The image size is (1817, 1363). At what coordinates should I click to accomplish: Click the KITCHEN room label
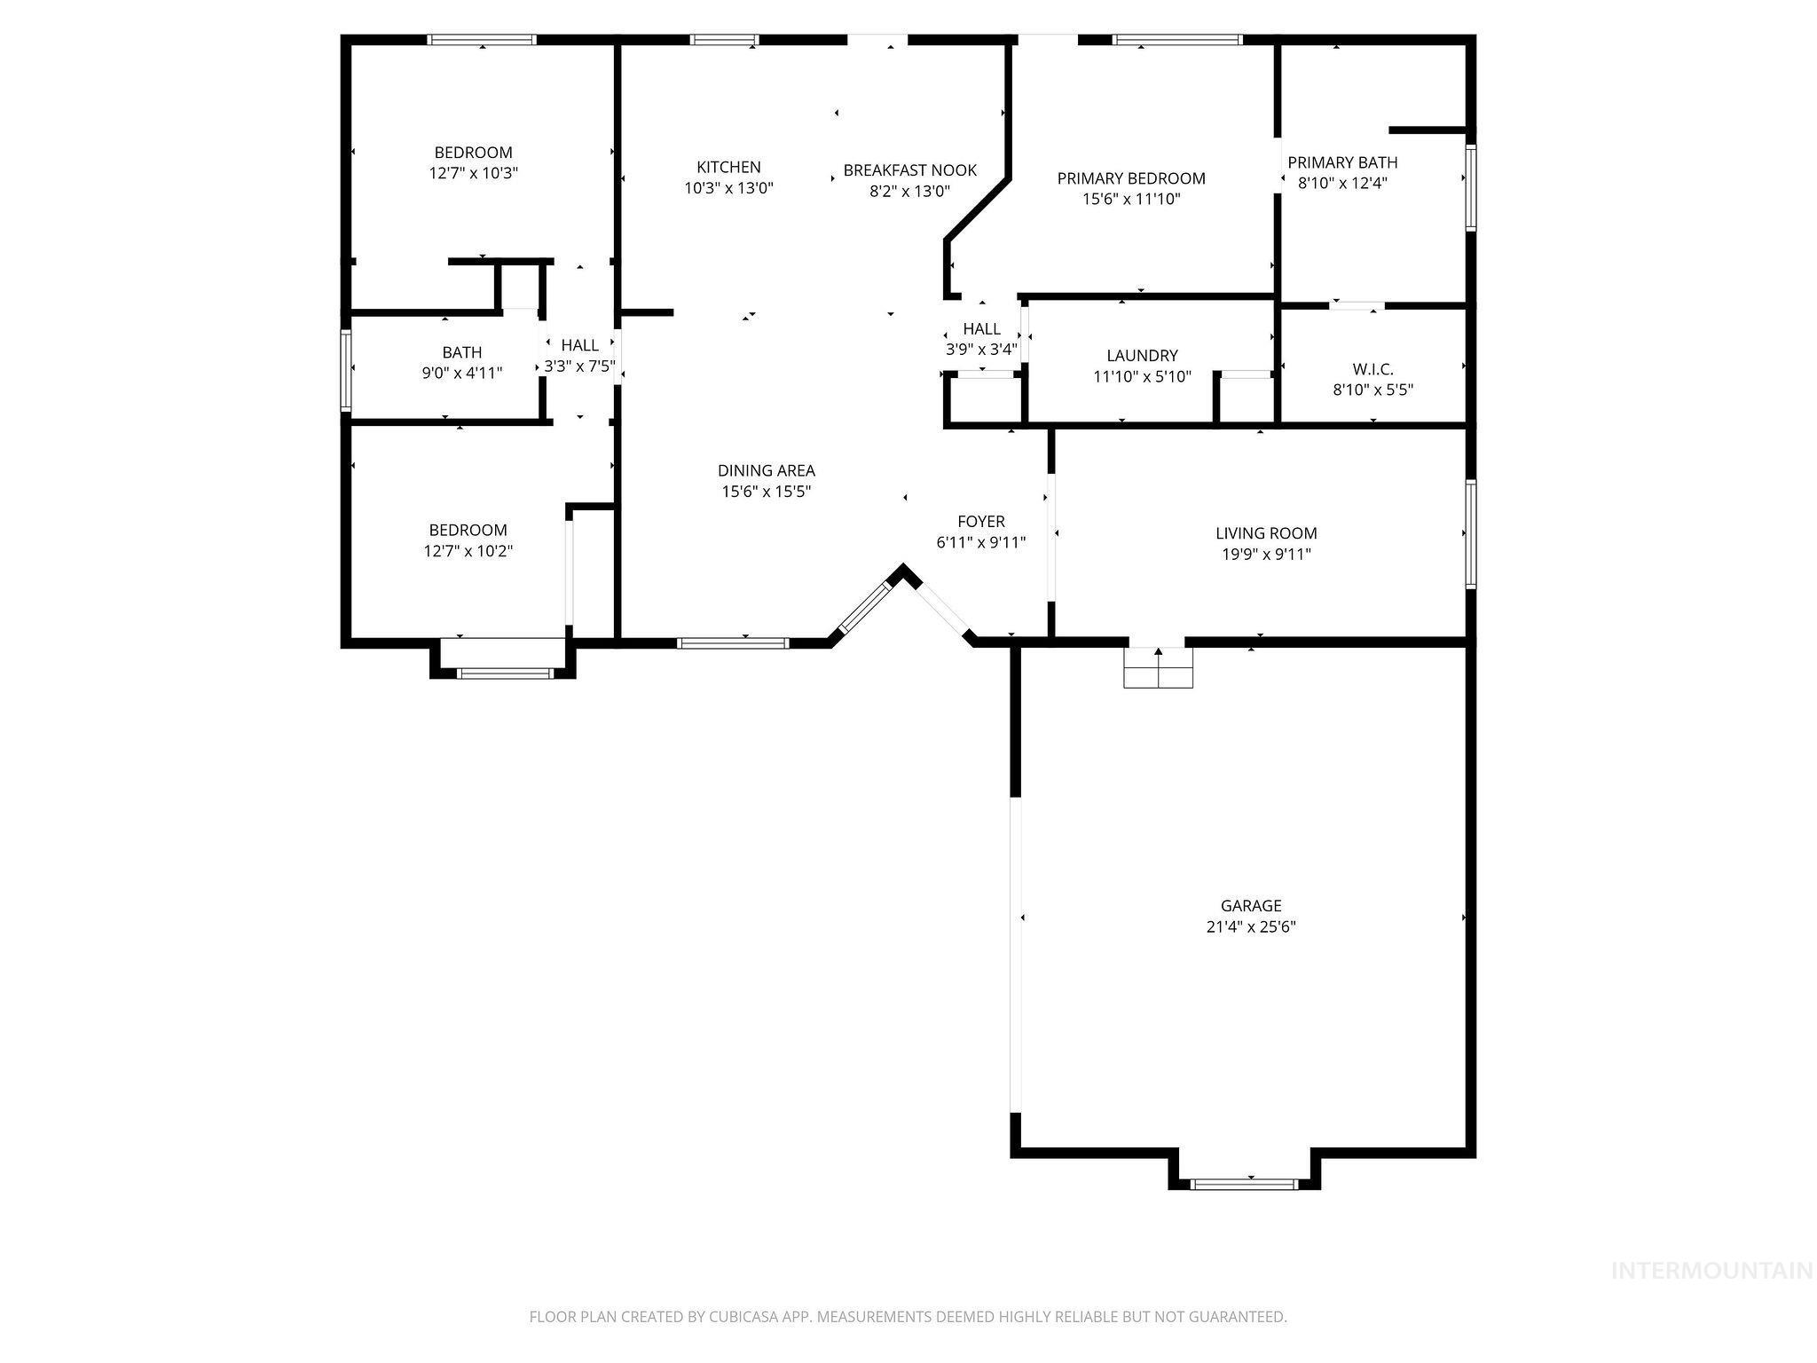(x=728, y=167)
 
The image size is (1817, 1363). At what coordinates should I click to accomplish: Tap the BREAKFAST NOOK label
(x=909, y=169)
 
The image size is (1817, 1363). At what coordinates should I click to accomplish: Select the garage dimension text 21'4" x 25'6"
(x=1250, y=926)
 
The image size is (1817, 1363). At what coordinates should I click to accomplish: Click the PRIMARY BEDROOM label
(x=1130, y=178)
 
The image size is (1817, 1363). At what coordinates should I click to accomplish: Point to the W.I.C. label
(x=1373, y=368)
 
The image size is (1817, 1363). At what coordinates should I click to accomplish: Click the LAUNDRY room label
(x=1142, y=355)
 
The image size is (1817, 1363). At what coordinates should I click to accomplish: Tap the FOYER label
(x=980, y=521)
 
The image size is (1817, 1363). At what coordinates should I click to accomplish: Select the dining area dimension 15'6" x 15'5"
(x=766, y=491)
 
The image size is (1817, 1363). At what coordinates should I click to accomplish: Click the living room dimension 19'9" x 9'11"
(x=1265, y=554)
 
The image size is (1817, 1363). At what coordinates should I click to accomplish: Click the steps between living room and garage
(x=1158, y=666)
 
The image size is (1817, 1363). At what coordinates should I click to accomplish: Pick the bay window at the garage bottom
(x=1244, y=1183)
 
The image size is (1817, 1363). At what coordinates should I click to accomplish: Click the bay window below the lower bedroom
(x=504, y=674)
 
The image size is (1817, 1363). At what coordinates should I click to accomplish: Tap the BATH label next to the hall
(x=461, y=352)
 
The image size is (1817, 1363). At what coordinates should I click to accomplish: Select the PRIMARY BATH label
(x=1341, y=162)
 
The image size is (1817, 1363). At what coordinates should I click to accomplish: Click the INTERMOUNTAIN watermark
(x=1711, y=1271)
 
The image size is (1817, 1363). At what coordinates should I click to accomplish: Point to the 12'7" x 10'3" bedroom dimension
(x=473, y=172)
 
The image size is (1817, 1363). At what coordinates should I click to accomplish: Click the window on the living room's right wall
(x=1469, y=533)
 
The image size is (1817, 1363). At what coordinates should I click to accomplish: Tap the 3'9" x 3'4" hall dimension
(x=981, y=349)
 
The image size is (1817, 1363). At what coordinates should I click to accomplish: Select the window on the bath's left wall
(x=346, y=370)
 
